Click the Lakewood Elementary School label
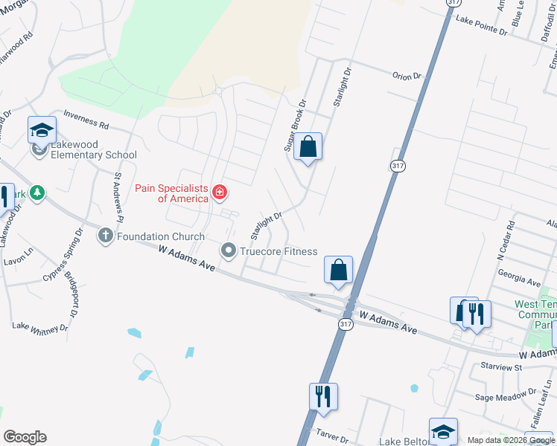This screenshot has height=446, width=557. pyautogui.click(x=94, y=155)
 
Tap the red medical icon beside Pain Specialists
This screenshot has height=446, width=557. pyautogui.click(x=219, y=193)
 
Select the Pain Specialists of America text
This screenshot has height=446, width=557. pyautogui.click(x=171, y=193)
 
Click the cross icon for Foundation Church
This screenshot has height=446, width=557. pyautogui.click(x=105, y=236)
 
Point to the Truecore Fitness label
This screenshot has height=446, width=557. pyautogui.click(x=278, y=252)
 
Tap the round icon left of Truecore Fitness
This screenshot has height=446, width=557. pyautogui.click(x=229, y=251)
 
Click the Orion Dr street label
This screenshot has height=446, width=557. pyautogui.click(x=407, y=75)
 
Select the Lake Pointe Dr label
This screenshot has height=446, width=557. pyautogui.click(x=481, y=26)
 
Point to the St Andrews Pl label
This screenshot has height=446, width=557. pyautogui.click(x=118, y=197)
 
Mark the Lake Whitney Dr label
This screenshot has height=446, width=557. pyautogui.click(x=40, y=328)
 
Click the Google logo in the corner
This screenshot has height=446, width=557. pyautogui.click(x=25, y=437)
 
